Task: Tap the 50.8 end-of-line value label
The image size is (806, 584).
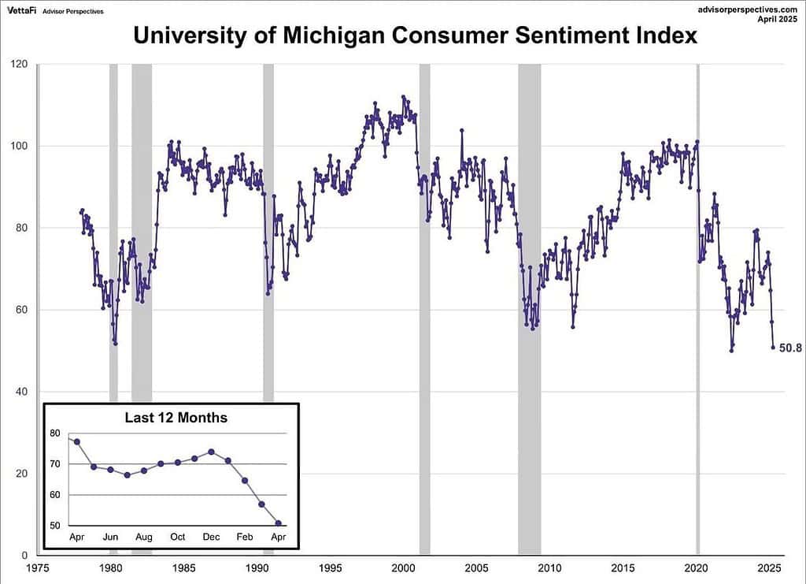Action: click(x=789, y=348)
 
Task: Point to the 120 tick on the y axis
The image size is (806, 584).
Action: click(x=19, y=64)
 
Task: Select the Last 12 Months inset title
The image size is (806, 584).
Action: click(x=176, y=418)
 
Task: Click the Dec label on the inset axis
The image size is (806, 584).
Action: click(x=211, y=537)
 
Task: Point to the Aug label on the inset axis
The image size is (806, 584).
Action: click(x=144, y=537)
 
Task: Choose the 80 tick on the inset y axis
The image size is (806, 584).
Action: click(x=54, y=433)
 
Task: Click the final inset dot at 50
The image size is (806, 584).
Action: click(x=278, y=523)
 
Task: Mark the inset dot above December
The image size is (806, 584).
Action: click(x=211, y=452)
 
